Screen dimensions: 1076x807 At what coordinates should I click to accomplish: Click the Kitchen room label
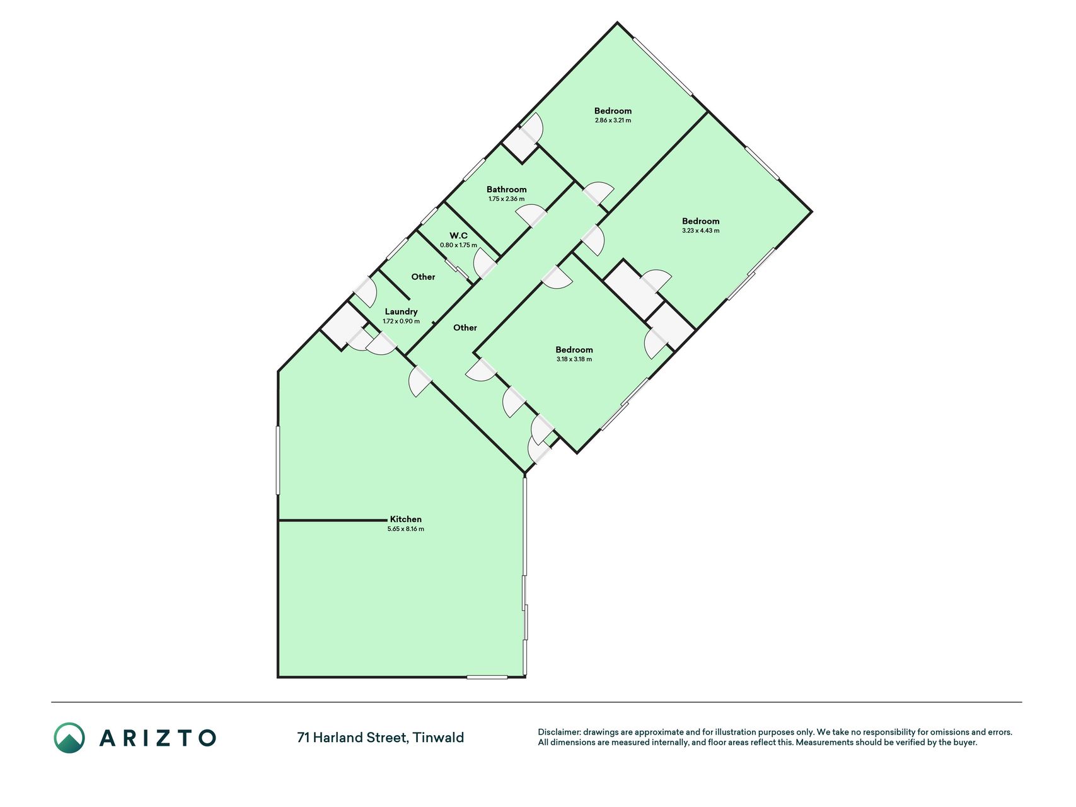pyautogui.click(x=405, y=519)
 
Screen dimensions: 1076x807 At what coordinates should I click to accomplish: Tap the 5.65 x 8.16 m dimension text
pyautogui.click(x=405, y=529)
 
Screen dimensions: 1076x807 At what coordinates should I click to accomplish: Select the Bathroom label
pyautogui.click(x=506, y=189)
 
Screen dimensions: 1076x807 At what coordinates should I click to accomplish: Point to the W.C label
pyautogui.click(x=458, y=236)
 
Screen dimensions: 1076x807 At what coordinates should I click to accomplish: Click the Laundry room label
pyautogui.click(x=401, y=311)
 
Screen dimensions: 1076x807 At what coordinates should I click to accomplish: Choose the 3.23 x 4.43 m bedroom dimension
pyautogui.click(x=700, y=231)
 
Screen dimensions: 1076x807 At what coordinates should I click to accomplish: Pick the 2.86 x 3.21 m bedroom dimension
pyautogui.click(x=613, y=120)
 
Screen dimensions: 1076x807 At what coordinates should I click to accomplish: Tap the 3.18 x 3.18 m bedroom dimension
pyautogui.click(x=574, y=359)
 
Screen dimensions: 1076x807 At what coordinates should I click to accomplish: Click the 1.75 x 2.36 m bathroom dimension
pyautogui.click(x=506, y=199)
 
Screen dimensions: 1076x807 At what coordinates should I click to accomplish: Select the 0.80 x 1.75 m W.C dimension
pyautogui.click(x=458, y=245)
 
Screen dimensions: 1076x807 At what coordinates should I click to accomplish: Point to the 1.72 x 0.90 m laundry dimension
pyautogui.click(x=401, y=322)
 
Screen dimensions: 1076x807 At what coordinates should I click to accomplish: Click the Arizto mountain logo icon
pyautogui.click(x=69, y=738)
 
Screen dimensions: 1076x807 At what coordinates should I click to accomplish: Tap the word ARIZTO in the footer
pyautogui.click(x=158, y=738)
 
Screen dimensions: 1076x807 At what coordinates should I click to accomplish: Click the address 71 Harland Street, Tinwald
pyautogui.click(x=380, y=738)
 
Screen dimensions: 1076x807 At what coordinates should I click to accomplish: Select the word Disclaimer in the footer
pyautogui.click(x=558, y=732)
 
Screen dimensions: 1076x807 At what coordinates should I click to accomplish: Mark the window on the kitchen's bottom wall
pyautogui.click(x=487, y=677)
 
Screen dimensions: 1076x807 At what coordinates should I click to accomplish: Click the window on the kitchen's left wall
pyautogui.click(x=278, y=460)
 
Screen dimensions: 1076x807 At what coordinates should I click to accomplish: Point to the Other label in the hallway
pyautogui.click(x=465, y=328)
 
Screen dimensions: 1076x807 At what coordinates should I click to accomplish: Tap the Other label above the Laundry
pyautogui.click(x=423, y=277)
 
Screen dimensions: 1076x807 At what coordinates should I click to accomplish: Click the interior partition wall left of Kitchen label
pyautogui.click(x=333, y=521)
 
